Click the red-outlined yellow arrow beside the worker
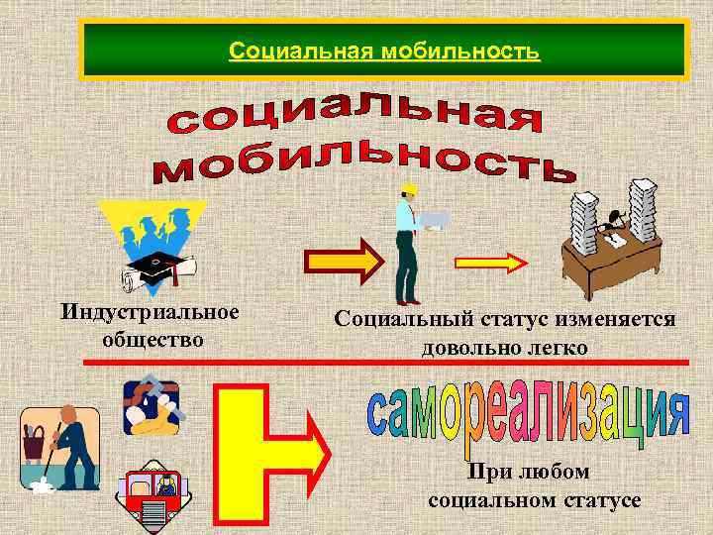point(341,262)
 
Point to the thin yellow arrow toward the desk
point(491,263)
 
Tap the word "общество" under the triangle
point(153,339)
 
